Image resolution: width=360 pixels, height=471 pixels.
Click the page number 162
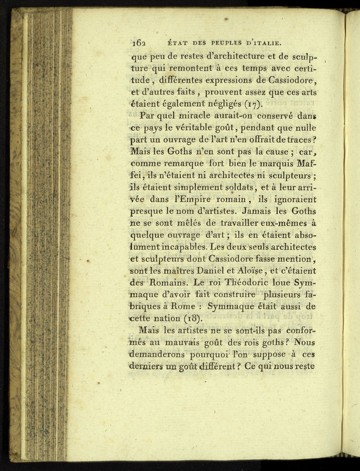click(139, 42)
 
